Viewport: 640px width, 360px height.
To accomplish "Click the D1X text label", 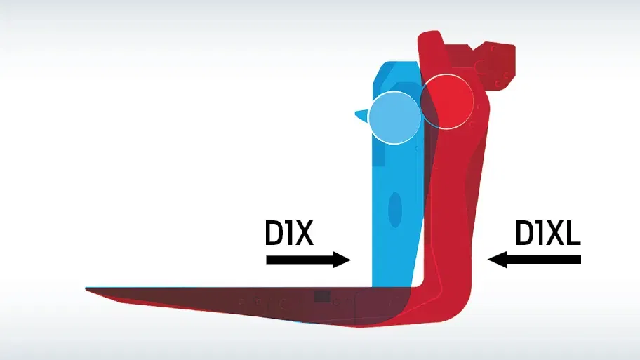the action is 289,233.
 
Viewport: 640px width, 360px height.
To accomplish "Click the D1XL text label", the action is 548,233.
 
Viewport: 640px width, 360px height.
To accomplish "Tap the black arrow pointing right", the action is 308,260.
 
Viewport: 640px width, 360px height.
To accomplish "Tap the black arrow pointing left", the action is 534,260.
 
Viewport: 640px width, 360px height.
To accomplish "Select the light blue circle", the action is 394,118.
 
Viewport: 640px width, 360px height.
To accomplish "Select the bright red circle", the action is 447,101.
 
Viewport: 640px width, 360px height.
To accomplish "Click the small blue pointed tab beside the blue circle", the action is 361,116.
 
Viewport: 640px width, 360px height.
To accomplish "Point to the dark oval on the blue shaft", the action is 394,210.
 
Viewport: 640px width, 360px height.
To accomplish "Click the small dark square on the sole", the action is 322,297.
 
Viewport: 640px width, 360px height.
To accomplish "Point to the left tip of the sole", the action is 86,289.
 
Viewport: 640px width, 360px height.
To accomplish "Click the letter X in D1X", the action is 303,233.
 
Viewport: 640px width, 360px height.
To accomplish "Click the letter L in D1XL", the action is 573,233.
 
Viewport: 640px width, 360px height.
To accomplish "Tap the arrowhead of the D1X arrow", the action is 342,260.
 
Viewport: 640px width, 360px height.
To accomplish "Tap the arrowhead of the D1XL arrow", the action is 498,260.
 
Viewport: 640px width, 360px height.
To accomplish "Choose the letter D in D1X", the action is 274,233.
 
